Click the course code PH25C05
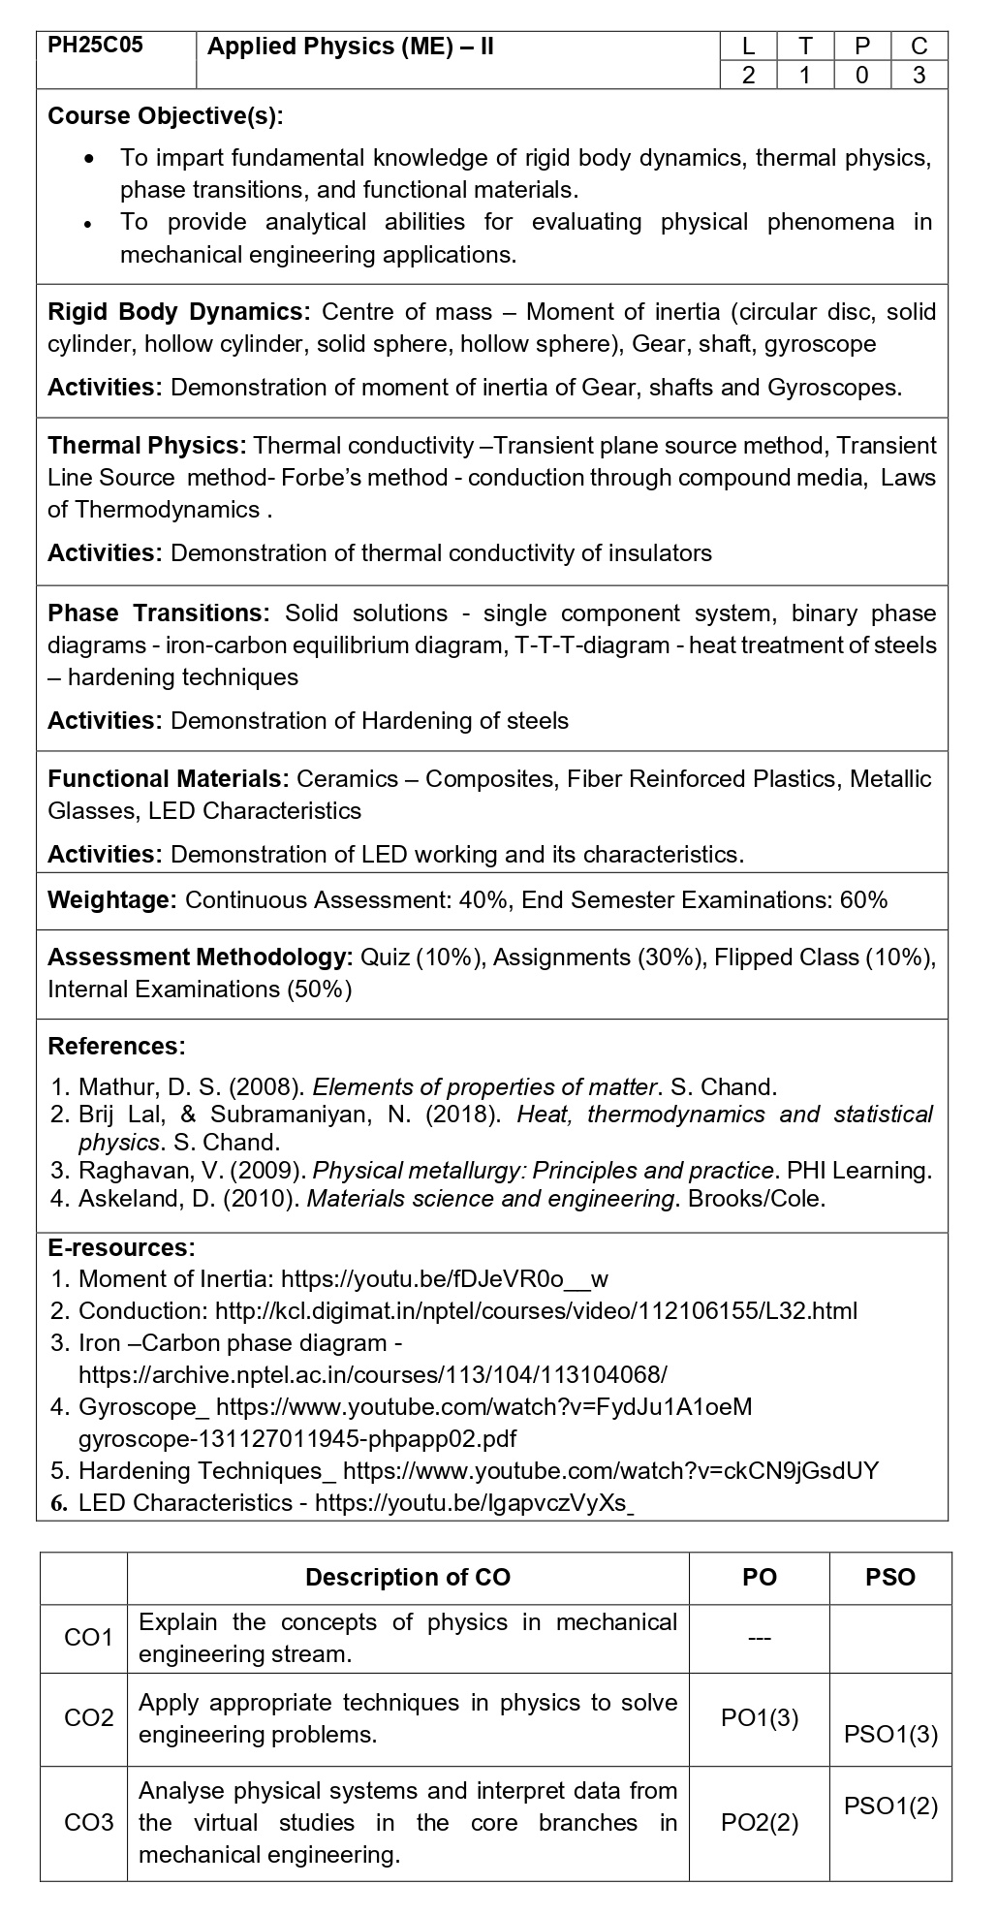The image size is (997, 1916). click(x=95, y=46)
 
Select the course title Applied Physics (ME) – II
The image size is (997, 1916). click(x=351, y=47)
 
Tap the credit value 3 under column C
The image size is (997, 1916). click(x=919, y=76)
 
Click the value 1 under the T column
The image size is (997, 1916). click(x=804, y=76)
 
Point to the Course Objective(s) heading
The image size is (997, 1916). click(x=166, y=116)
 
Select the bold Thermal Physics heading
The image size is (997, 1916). click(x=148, y=446)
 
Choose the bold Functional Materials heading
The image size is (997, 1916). click(x=169, y=779)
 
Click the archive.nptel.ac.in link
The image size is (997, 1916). click(x=373, y=1375)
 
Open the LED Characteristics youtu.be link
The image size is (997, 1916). click(x=475, y=1503)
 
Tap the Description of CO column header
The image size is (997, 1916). click(x=408, y=1578)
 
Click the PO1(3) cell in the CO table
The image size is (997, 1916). click(x=760, y=1718)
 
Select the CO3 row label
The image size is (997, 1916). click(x=88, y=1823)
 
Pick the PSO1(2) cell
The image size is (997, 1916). click(x=890, y=1806)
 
